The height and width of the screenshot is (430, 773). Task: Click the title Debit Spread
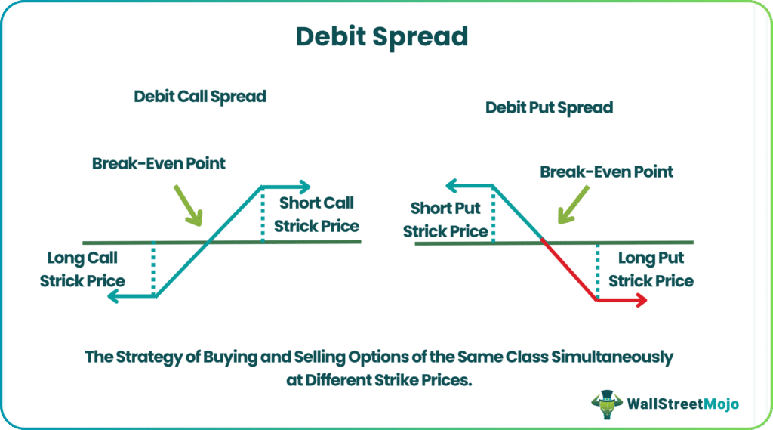(381, 37)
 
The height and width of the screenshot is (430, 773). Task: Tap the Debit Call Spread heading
(199, 97)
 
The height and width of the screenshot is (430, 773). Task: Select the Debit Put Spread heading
(550, 107)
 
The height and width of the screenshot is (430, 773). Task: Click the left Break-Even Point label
(159, 163)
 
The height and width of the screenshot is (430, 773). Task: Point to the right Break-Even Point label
(606, 172)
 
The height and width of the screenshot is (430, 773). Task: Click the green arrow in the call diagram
(188, 206)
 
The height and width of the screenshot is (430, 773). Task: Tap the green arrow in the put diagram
(574, 204)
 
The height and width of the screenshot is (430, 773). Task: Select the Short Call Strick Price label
(316, 215)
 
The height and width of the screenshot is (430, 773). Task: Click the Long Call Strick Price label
(82, 270)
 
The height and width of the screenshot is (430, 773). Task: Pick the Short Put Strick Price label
(445, 220)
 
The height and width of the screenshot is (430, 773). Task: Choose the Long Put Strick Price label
(651, 270)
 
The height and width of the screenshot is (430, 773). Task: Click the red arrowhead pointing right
(642, 300)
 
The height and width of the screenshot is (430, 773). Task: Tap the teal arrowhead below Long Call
(113, 296)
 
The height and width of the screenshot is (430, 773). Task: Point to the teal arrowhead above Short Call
(305, 187)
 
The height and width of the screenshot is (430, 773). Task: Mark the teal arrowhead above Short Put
(451, 186)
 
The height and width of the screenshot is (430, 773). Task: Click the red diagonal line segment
(569, 270)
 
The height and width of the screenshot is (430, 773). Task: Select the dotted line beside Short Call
(263, 215)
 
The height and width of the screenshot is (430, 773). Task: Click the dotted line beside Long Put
(598, 271)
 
